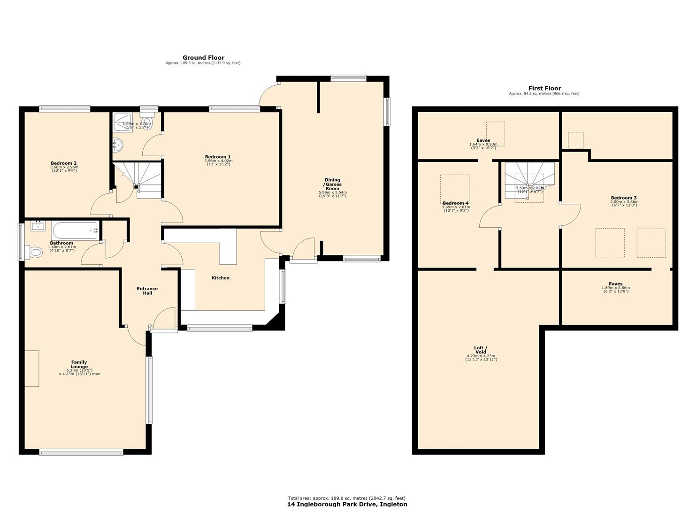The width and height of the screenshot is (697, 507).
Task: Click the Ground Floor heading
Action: pyautogui.click(x=203, y=58)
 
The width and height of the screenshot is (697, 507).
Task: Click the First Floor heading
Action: pyautogui.click(x=544, y=88)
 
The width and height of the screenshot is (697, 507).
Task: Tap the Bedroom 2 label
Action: pyautogui.click(x=64, y=163)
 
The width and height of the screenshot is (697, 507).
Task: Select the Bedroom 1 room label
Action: pyautogui.click(x=218, y=157)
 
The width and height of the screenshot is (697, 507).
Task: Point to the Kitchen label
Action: pyautogui.click(x=221, y=278)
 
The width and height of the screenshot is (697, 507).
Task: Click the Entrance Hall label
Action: pyautogui.click(x=147, y=291)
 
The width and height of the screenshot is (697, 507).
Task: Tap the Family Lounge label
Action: pyautogui.click(x=79, y=364)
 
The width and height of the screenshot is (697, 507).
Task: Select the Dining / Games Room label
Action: pyautogui.click(x=332, y=184)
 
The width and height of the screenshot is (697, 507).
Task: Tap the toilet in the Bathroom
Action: pyautogui.click(x=34, y=253)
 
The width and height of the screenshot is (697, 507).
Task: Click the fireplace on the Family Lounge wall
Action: pyautogui.click(x=31, y=369)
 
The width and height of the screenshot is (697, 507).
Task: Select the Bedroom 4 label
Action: pyautogui.click(x=456, y=203)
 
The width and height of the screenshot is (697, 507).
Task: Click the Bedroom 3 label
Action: pyautogui.click(x=624, y=198)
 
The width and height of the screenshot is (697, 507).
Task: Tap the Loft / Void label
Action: pyautogui.click(x=481, y=350)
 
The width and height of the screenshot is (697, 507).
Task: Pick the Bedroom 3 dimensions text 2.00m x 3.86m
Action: pyautogui.click(x=624, y=202)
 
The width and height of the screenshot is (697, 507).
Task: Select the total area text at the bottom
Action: pyautogui.click(x=346, y=498)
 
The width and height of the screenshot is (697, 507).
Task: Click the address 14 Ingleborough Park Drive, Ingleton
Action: pyautogui.click(x=347, y=504)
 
